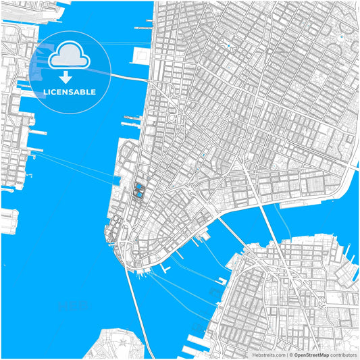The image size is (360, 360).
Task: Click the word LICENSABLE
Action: (69, 91)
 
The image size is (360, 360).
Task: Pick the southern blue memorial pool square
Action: (138, 196)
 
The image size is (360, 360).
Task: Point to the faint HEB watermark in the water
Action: (71, 307)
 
